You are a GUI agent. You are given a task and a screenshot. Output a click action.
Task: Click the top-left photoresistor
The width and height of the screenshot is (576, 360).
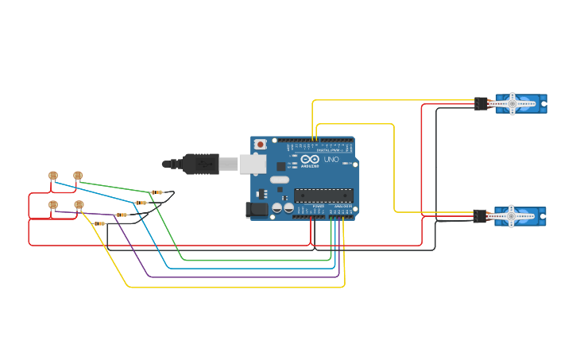[x=53, y=176]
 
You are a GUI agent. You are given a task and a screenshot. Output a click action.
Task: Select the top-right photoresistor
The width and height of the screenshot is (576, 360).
[x=78, y=176]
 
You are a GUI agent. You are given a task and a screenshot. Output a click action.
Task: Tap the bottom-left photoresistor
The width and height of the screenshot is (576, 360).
[x=53, y=205]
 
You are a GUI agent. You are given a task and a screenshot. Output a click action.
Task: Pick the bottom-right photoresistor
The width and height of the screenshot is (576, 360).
[x=79, y=205]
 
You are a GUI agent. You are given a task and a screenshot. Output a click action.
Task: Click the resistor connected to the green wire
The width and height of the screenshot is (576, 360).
[x=157, y=192]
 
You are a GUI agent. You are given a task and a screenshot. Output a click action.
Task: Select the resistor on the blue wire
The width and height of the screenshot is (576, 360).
[x=141, y=203]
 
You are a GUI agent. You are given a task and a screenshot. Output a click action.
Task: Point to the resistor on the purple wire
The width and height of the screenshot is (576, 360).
[x=122, y=215]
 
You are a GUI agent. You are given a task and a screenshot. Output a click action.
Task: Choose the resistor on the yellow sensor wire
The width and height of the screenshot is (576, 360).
[x=100, y=223]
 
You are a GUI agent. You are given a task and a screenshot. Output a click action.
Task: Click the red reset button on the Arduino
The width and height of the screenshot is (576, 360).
[x=260, y=145]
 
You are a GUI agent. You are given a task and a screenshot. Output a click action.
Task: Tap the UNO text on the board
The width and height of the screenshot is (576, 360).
[x=331, y=160]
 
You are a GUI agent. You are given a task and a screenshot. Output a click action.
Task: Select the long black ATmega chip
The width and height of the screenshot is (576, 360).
[x=323, y=195]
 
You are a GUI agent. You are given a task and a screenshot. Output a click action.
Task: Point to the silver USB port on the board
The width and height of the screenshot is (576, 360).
[x=253, y=164]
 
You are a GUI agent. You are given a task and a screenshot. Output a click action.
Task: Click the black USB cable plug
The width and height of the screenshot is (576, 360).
[x=202, y=163]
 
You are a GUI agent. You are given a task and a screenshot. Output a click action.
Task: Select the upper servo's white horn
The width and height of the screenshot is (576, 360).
[x=512, y=103]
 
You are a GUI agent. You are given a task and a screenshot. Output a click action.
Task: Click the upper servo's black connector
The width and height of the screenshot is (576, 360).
[x=481, y=103]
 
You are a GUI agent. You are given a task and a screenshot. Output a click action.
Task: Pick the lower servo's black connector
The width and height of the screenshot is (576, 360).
[x=480, y=216]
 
